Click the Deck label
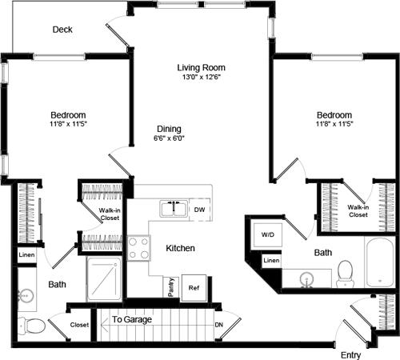[62, 30]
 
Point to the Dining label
[169, 129]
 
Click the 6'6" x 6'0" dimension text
[169, 138]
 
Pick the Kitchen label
[181, 249]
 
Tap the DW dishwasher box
[200, 210]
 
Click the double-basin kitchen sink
[173, 210]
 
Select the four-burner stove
[139, 247]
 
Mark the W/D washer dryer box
[266, 236]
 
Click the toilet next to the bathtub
[346, 274]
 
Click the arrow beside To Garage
[102, 326]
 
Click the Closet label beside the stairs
[79, 326]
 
